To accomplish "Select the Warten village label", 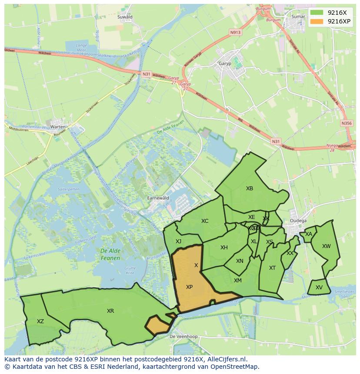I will (x=58, y=127).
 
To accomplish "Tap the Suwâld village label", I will (x=125, y=17).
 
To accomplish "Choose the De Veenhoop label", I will (x=183, y=337).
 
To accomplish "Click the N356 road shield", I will (x=347, y=123).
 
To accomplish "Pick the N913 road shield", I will (x=236, y=32).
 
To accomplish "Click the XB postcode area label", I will (x=250, y=189).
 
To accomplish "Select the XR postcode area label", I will (x=110, y=311).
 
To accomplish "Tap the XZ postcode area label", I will (x=40, y=321).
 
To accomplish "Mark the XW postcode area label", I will (x=326, y=246).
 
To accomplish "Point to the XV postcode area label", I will (x=319, y=288).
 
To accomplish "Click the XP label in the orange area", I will (x=190, y=287).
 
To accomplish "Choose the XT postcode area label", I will (x=272, y=268).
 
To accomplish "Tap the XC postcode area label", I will (x=205, y=221).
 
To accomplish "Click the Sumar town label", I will (x=299, y=17).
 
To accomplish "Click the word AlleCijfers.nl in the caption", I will (x=227, y=359).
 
